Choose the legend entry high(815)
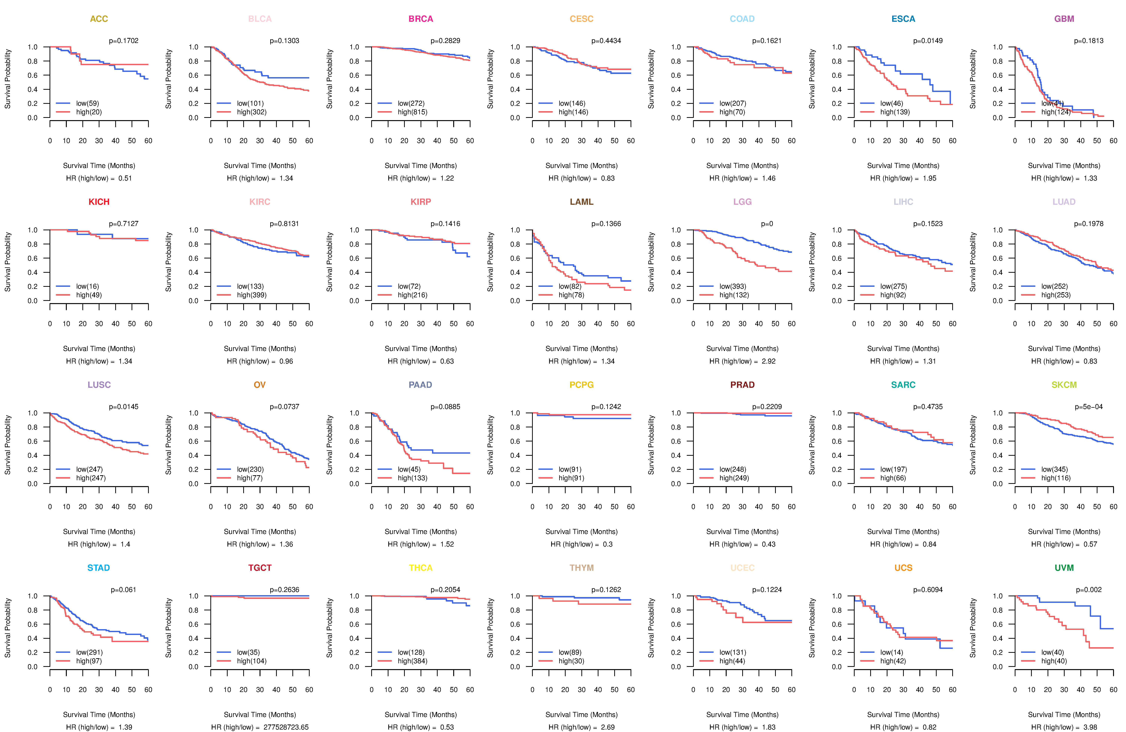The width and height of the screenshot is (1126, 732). click(x=412, y=112)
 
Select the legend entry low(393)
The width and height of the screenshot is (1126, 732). click(x=732, y=286)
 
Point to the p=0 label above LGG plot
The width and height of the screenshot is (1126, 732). click(x=767, y=224)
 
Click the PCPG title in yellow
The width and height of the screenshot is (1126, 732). click(x=581, y=385)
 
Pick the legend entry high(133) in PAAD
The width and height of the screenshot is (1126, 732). click(x=412, y=478)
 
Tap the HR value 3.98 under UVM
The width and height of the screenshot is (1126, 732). click(x=1090, y=727)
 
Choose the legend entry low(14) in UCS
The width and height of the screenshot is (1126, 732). click(x=891, y=652)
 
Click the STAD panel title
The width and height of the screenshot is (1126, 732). click(x=98, y=568)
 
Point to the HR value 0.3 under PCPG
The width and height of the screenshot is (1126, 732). click(x=607, y=544)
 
